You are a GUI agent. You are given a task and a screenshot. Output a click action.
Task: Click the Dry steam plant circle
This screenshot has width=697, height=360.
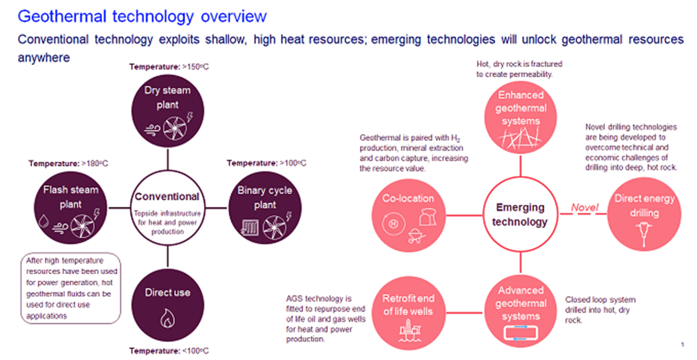click(x=168, y=111)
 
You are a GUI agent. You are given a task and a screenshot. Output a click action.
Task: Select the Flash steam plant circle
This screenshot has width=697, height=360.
click(x=70, y=208)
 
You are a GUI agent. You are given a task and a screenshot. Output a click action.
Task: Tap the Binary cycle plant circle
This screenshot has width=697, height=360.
click(x=265, y=208)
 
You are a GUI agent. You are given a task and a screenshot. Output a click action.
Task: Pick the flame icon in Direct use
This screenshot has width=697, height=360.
click(x=168, y=318)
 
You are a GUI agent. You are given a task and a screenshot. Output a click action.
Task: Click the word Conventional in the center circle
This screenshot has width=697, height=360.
click(x=167, y=197)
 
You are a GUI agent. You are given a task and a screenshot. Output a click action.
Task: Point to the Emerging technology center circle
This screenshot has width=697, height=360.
click(x=520, y=214)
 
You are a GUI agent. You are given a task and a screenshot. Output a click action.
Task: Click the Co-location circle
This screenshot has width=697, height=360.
click(x=409, y=215)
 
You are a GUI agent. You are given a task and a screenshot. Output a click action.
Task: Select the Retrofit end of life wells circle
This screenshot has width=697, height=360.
click(x=409, y=313)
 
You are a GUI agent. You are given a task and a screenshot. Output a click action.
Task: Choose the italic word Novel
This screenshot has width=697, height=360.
click(x=585, y=207)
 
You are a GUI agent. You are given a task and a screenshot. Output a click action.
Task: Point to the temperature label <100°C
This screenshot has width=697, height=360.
click(x=196, y=351)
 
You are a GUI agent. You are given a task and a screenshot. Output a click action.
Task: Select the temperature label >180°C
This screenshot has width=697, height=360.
click(x=95, y=163)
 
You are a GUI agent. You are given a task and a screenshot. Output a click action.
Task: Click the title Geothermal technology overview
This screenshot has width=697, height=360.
click(x=142, y=17)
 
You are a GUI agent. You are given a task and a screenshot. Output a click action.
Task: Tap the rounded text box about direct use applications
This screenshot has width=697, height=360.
click(x=70, y=288)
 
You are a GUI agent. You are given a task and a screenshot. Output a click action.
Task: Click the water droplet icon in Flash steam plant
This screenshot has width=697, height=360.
click(x=44, y=220)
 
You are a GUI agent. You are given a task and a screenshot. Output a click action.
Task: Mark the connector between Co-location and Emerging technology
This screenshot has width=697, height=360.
click(x=464, y=215)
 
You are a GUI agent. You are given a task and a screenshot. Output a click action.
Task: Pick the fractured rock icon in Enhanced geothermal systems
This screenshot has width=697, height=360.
click(x=520, y=138)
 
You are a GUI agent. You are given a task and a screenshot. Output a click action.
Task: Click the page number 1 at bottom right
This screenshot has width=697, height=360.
click(x=682, y=344)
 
